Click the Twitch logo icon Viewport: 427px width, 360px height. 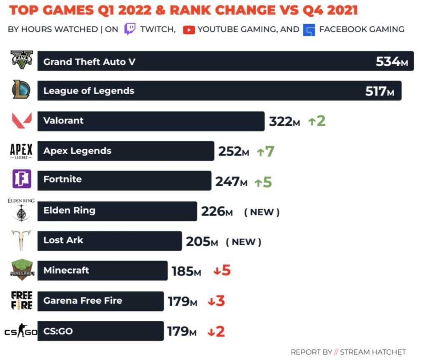pyautogui.click(x=130, y=29)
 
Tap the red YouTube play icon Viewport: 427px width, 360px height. pyautogui.click(x=189, y=30)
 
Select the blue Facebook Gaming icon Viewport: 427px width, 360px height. pyautogui.click(x=309, y=30)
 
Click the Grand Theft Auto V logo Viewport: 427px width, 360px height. pyautogui.click(x=22, y=60)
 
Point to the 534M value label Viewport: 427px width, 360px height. pyautogui.click(x=392, y=62)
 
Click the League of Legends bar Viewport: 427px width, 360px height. pyautogui.click(x=219, y=91)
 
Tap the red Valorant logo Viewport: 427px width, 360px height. pyautogui.click(x=22, y=120)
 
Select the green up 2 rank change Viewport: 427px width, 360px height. pyautogui.click(x=317, y=121)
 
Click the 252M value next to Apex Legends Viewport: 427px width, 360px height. pyautogui.click(x=234, y=151)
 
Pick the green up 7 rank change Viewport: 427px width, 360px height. pyautogui.click(x=266, y=151)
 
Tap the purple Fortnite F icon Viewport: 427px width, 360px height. pyautogui.click(x=22, y=179)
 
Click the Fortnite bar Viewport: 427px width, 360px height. pyautogui.click(x=124, y=180)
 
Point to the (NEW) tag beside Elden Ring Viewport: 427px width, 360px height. pyautogui.click(x=262, y=212)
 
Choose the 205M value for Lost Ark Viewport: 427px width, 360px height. pyautogui.click(x=202, y=242)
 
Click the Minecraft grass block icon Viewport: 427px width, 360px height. pyautogui.click(x=22, y=270)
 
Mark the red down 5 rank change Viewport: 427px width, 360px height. pyautogui.click(x=222, y=270)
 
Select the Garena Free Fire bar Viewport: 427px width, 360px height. pyautogui.click(x=101, y=301)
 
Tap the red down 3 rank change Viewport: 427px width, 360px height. pyautogui.click(x=216, y=301)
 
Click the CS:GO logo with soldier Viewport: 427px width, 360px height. pyautogui.click(x=21, y=331)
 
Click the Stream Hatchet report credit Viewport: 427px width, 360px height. pyautogui.click(x=348, y=352)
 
